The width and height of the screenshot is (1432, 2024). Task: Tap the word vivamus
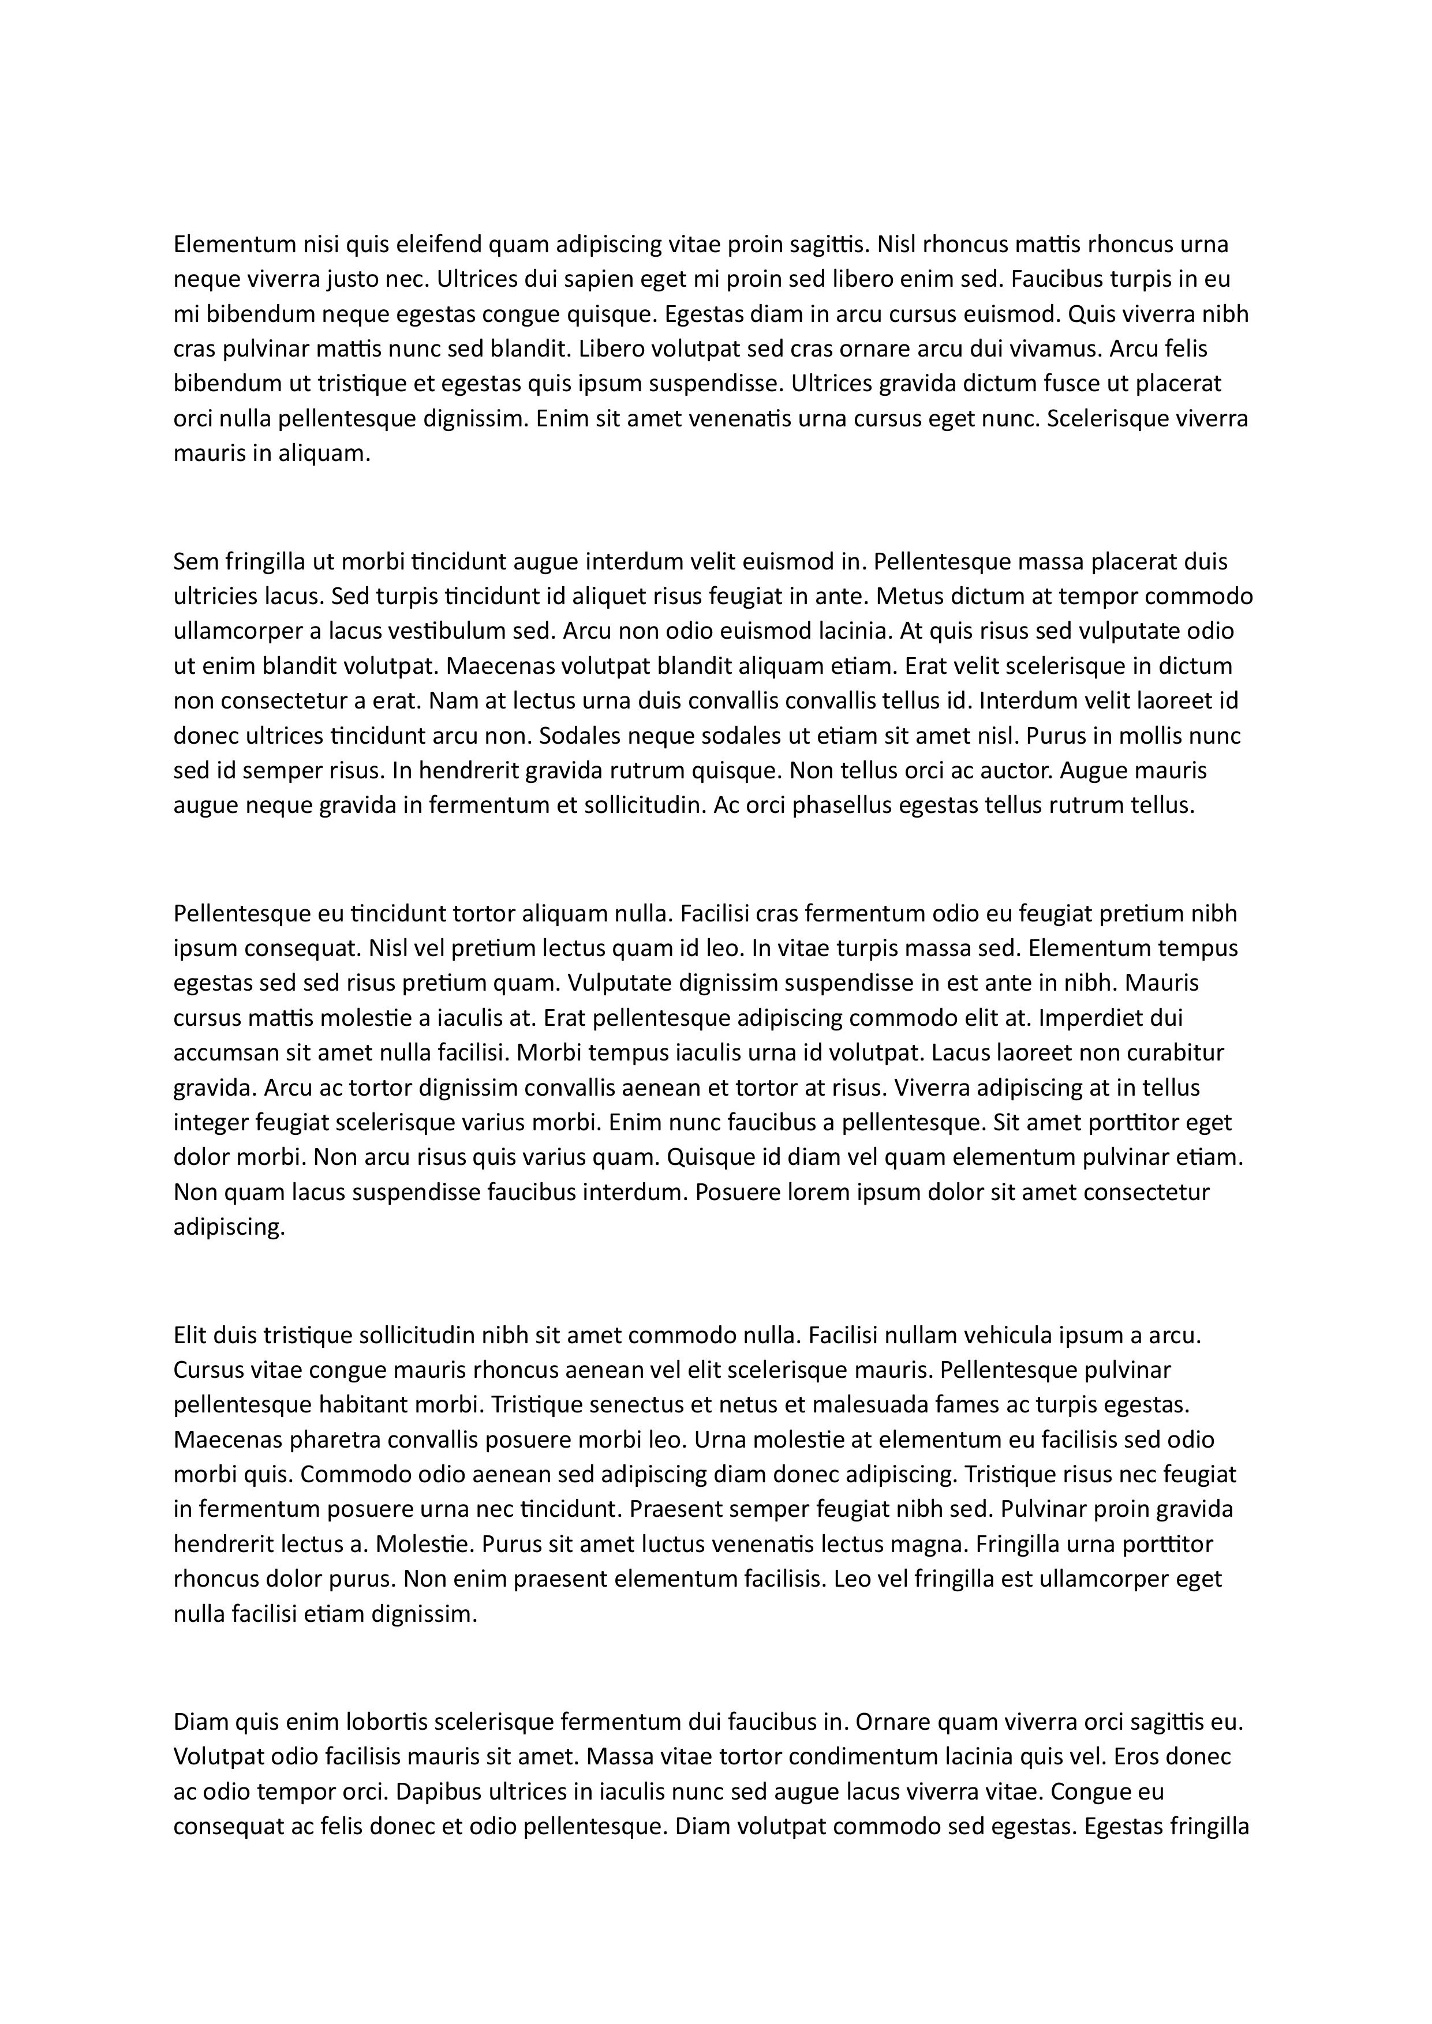point(1056,349)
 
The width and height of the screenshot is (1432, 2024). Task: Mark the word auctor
point(1019,770)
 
